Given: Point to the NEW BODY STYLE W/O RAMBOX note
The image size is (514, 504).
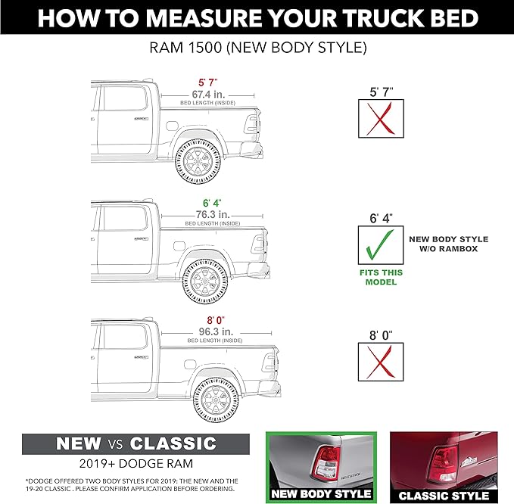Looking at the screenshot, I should tap(448, 244).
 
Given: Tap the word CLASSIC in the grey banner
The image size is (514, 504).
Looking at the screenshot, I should tap(173, 443).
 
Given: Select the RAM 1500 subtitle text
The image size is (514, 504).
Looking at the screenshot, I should tap(257, 48).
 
